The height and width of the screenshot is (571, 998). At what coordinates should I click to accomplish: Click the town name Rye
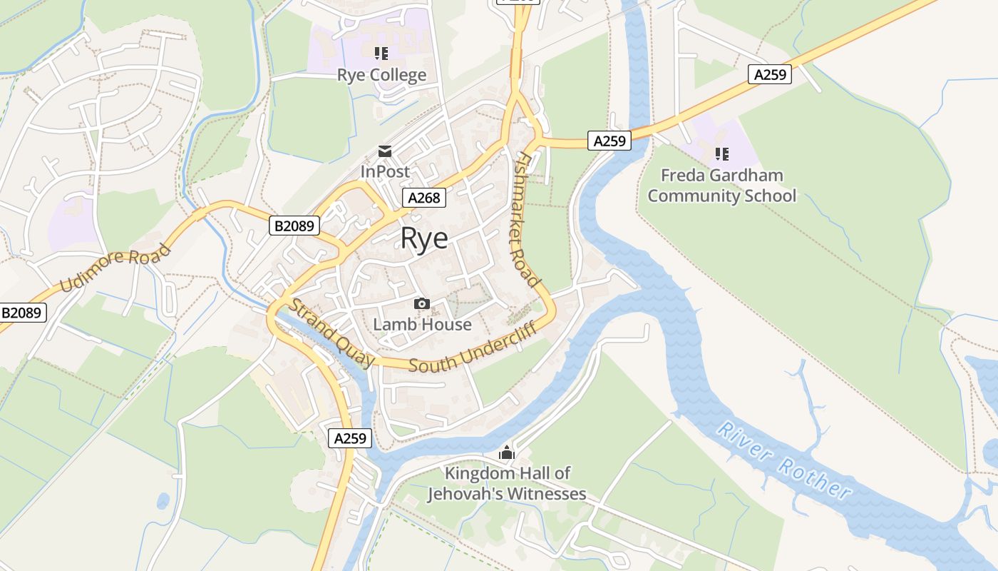tap(424, 238)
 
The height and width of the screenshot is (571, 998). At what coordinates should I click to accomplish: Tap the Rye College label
tap(381, 75)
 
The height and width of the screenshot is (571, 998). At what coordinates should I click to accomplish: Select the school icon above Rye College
tap(381, 54)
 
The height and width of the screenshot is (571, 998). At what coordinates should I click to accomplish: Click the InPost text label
tap(385, 172)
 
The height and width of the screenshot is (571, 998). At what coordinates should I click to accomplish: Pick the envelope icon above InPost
tap(385, 151)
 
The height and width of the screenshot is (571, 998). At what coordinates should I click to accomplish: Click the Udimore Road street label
tap(115, 268)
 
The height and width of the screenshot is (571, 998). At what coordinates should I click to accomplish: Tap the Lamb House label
tap(422, 325)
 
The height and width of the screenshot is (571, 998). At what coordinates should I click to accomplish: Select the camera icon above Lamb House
tap(422, 304)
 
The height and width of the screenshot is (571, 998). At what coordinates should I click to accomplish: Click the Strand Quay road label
tap(331, 333)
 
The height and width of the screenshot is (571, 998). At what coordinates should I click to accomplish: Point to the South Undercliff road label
tap(472, 351)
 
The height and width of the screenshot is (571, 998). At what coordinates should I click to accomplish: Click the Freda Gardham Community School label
tap(721, 186)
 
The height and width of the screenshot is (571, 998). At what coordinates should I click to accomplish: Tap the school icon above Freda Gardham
tap(721, 154)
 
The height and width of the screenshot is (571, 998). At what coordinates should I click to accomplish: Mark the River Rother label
tap(784, 460)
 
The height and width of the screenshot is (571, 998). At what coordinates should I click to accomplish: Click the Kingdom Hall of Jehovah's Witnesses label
tap(507, 483)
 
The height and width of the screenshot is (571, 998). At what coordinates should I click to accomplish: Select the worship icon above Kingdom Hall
tap(507, 453)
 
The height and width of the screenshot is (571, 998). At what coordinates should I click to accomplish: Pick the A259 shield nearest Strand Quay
tap(350, 438)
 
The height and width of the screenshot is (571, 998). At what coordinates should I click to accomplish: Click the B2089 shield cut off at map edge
tap(23, 313)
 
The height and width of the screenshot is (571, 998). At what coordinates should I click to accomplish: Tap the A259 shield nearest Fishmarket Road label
tap(609, 141)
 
